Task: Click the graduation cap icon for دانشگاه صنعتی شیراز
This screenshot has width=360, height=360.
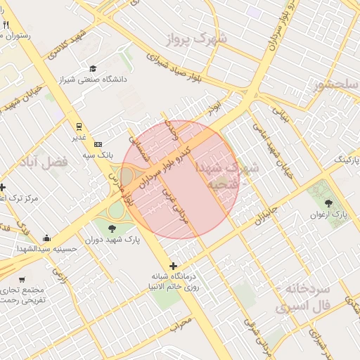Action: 93,68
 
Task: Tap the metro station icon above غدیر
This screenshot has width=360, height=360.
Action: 79,127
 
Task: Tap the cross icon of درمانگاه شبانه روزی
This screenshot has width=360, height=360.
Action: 174,266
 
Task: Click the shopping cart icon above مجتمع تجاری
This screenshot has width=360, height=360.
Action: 22,279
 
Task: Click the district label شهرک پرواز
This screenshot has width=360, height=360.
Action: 202,37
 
